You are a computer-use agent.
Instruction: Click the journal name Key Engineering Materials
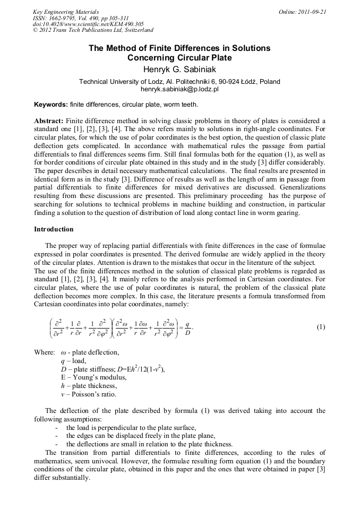(65, 11)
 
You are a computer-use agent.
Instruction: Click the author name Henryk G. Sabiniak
(179, 69)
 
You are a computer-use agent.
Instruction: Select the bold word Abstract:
(49, 121)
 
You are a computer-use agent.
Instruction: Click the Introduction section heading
(54, 229)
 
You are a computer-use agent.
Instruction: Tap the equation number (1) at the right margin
(321, 327)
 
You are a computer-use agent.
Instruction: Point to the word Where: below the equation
(44, 352)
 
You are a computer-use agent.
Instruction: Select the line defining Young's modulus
(93, 377)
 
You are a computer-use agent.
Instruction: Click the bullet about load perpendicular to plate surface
(131, 427)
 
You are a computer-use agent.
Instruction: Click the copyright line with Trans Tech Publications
(93, 30)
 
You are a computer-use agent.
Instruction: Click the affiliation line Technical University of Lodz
(179, 82)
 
